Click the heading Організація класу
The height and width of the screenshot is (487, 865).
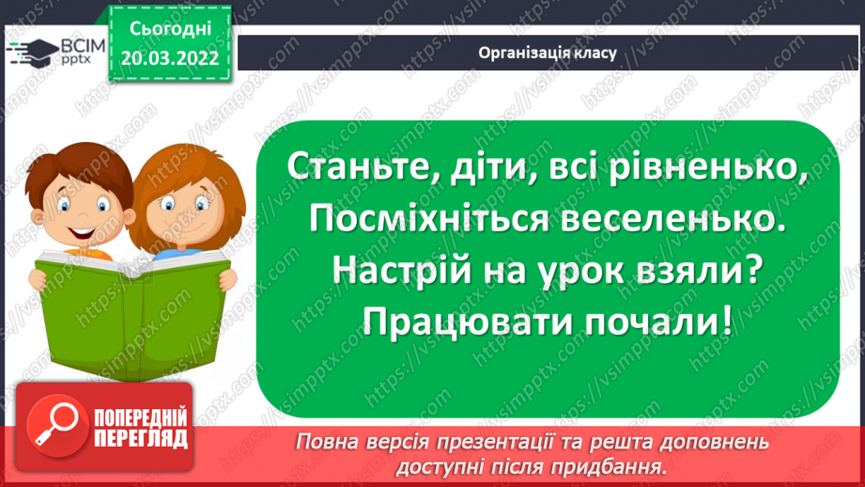546,53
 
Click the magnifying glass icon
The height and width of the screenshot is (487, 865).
53,425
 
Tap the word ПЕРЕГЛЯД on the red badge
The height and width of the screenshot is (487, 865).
139,438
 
